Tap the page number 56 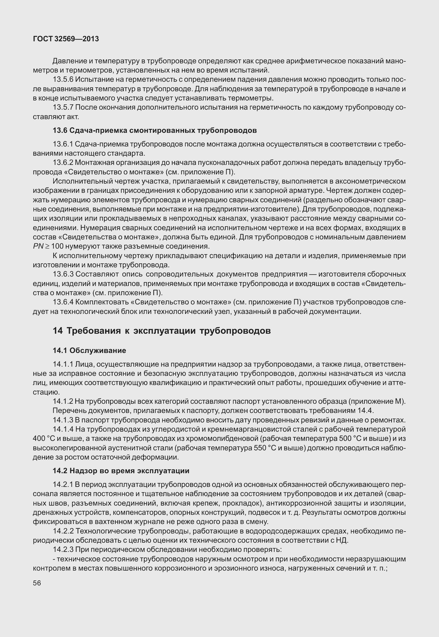[x=37, y=583]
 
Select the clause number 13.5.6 [x=63, y=80]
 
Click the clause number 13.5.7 [x=63, y=107]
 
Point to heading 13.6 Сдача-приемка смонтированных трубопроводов [x=155, y=130]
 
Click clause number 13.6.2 [x=63, y=162]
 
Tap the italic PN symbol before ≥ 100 [x=37, y=246]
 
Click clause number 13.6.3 [x=63, y=274]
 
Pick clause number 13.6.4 [x=63, y=302]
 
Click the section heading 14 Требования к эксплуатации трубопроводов [x=162, y=331]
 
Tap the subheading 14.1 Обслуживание [x=89, y=350]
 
